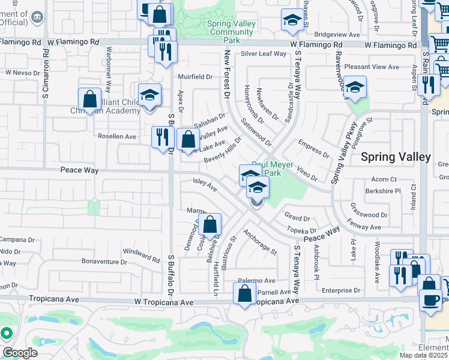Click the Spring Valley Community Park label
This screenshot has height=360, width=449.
pos(231,32)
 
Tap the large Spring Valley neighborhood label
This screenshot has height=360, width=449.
pos(396,157)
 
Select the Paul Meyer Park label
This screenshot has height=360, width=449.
pos(266,169)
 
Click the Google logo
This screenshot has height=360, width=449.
pos(20,352)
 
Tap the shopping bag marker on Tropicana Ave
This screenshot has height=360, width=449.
pos(244,295)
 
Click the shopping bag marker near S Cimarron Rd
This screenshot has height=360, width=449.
pos(89,100)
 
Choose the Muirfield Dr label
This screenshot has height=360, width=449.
pos(195,77)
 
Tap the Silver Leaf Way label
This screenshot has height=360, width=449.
pos(264,53)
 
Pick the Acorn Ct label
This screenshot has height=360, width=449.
pos(385,179)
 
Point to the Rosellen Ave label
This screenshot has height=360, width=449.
pos(117,136)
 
